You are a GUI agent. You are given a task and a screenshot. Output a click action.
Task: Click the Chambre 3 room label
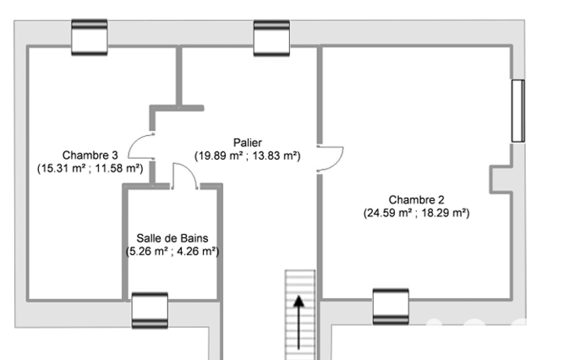point(90,155)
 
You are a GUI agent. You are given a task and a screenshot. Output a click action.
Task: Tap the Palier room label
point(247,142)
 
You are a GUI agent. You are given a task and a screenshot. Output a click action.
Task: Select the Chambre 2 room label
point(416,199)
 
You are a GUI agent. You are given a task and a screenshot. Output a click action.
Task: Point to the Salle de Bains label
point(172,238)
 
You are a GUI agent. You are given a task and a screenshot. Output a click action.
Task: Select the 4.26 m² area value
point(196,251)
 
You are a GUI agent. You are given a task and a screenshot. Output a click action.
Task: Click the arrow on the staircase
point(299,322)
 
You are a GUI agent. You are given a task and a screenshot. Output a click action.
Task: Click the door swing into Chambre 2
point(339,162)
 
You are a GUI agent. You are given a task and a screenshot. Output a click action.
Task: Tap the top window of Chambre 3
point(89,37)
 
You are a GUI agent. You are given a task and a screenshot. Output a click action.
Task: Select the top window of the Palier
point(272,38)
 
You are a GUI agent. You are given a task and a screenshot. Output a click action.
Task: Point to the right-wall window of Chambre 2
point(518,111)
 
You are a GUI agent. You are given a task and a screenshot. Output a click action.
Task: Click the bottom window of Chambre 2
point(391,307)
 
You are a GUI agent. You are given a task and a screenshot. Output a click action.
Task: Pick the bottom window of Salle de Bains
point(150,310)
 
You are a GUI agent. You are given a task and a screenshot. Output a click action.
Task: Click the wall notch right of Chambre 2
point(501,179)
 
